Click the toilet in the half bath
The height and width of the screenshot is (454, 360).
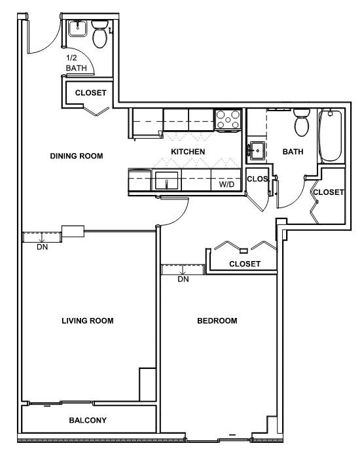click(99, 33)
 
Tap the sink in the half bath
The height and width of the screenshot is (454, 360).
click(78, 28)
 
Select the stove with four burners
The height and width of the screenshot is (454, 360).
click(228, 119)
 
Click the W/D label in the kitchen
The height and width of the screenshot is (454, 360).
click(226, 184)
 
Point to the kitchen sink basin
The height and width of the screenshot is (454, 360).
click(166, 181)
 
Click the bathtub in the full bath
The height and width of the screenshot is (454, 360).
click(330, 135)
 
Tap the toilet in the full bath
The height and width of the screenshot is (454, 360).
click(302, 122)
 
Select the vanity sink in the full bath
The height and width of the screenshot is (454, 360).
click(257, 150)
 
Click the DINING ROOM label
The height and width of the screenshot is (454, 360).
click(77, 156)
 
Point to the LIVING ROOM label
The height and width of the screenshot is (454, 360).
click(88, 321)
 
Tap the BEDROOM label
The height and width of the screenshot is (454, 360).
click(217, 321)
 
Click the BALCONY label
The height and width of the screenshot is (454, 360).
click(88, 420)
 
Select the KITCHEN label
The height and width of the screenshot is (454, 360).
click(188, 152)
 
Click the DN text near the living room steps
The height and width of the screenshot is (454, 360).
click(43, 247)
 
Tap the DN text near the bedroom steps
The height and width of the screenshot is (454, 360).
click(183, 279)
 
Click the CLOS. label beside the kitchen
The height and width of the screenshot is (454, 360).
click(258, 179)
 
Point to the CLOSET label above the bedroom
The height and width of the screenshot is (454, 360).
click(245, 264)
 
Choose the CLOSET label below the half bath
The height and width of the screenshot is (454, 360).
click(90, 93)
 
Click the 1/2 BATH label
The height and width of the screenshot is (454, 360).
click(76, 63)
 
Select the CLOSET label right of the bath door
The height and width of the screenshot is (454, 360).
click(329, 192)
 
